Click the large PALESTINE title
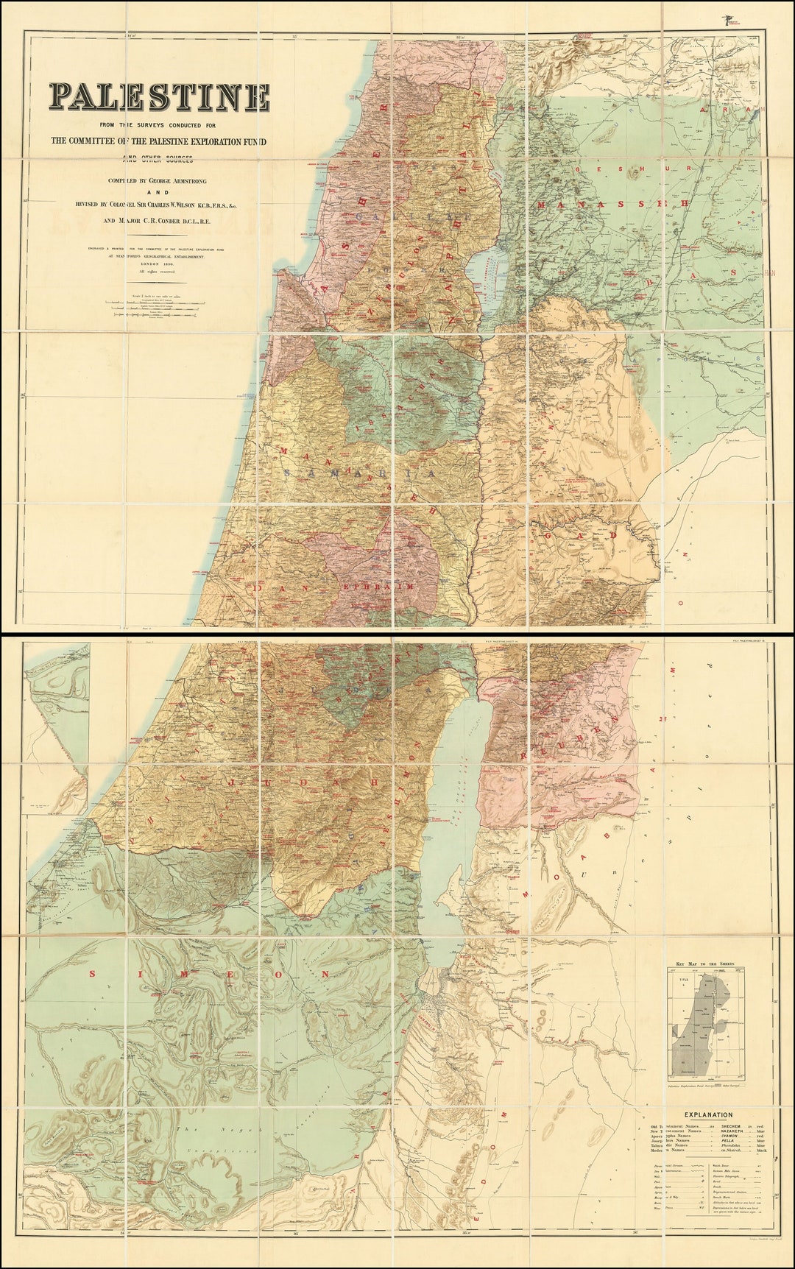[x=159, y=96]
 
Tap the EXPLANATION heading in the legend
[x=707, y=1115]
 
